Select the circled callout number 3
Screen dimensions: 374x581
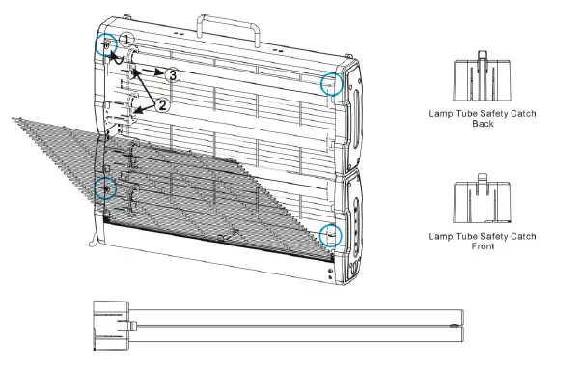[172, 73]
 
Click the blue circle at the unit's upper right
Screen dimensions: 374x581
[332, 84]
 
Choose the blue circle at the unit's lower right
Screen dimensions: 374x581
[330, 235]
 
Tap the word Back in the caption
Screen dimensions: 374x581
[484, 125]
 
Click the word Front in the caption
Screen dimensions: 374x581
[484, 247]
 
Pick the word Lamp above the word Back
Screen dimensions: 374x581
[441, 114]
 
